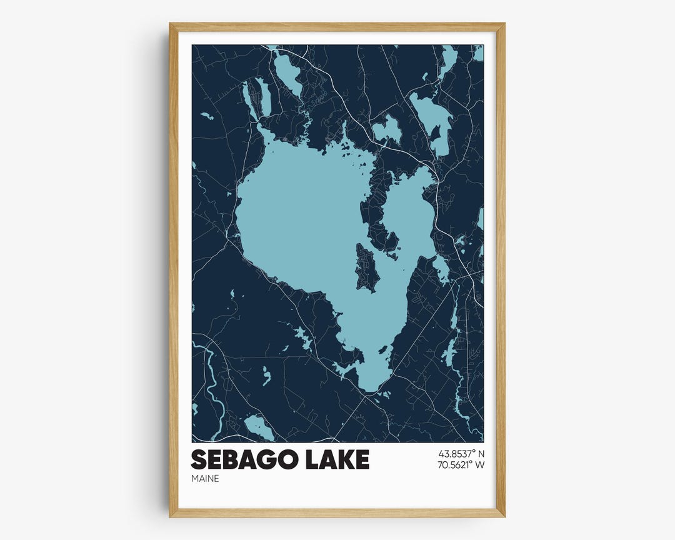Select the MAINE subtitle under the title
coord(205,479)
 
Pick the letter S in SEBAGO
coord(198,459)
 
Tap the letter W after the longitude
coord(479,464)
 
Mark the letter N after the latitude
coord(480,452)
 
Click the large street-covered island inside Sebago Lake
coord(366,267)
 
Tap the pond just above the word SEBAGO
coord(259,427)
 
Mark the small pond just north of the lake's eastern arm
coord(387,129)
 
